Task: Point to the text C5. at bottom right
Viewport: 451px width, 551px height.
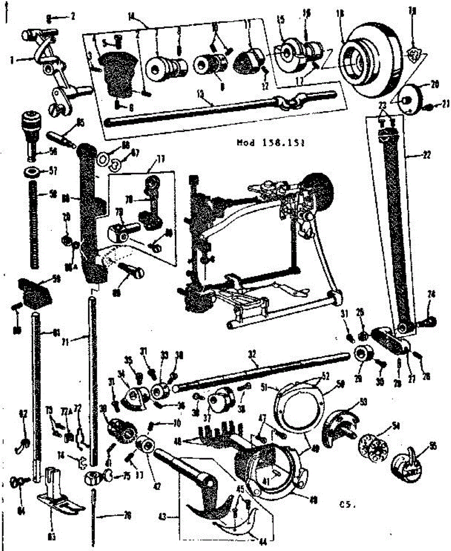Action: pyautogui.click(x=348, y=506)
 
